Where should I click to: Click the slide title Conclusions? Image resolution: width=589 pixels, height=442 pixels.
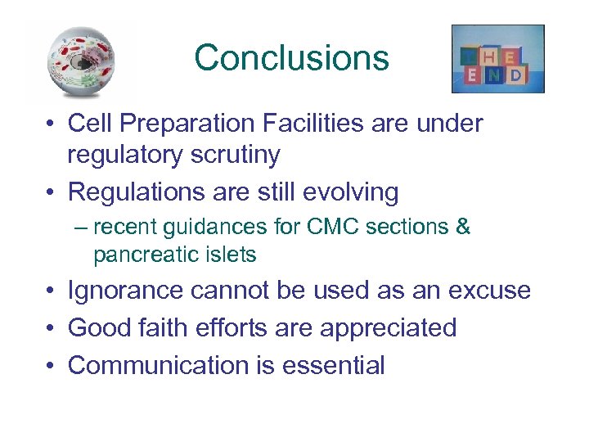(291, 58)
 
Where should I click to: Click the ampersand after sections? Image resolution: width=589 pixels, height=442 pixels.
(462, 227)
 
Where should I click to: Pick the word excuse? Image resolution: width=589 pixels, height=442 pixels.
(490, 291)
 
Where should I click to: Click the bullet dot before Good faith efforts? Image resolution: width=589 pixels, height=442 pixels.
(52, 329)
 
